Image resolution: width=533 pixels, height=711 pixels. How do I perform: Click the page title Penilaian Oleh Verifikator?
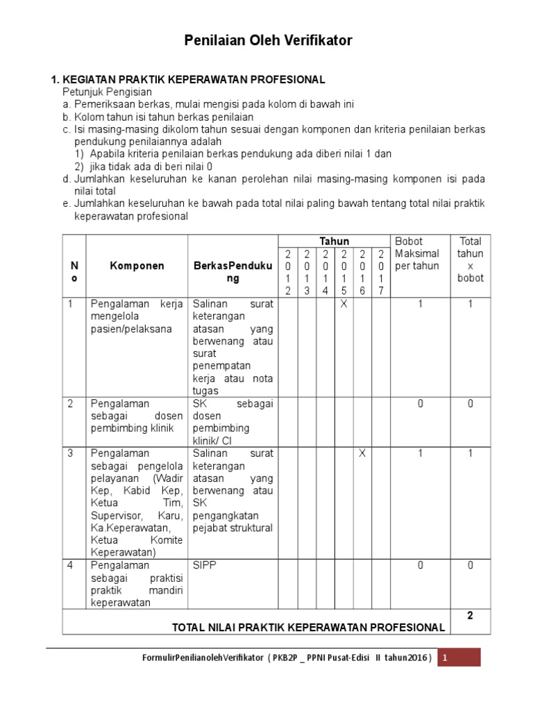[268, 41]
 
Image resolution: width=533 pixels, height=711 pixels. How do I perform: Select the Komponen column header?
[137, 266]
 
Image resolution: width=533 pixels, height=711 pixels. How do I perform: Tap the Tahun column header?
[334, 241]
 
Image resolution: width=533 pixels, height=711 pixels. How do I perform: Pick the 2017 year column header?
[380, 272]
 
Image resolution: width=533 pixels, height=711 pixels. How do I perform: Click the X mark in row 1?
[344, 304]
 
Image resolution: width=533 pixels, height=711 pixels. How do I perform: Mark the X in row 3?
[362, 453]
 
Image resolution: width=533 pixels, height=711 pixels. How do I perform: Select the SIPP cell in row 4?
[205, 566]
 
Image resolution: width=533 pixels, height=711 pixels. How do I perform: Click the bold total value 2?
[470, 614]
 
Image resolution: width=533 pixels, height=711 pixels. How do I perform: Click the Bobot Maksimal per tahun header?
[416, 253]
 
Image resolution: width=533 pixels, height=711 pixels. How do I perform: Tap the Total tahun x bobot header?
[470, 260]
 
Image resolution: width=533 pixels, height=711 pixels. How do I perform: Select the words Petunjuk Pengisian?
[107, 92]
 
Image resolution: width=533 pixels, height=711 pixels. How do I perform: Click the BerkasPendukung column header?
[232, 272]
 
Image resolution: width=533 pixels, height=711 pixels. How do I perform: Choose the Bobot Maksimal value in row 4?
[421, 566]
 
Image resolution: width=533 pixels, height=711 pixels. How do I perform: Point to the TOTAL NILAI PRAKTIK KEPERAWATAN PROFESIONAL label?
[308, 627]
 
